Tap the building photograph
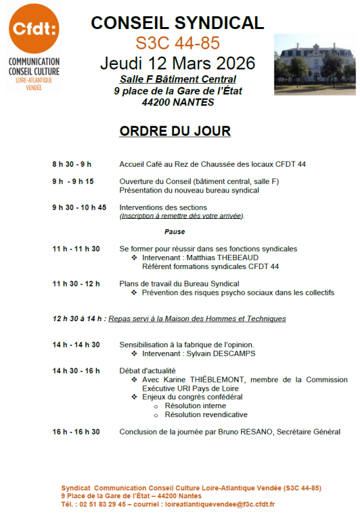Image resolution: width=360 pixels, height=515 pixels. (x=314, y=64)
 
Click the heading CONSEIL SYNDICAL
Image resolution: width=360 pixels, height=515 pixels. (x=177, y=23)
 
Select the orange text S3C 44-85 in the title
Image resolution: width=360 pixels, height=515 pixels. (x=178, y=43)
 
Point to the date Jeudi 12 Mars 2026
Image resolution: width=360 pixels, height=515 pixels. (x=178, y=63)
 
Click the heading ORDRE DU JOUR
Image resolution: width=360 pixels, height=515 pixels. (x=175, y=131)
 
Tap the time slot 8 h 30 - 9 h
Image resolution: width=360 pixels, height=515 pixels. (x=72, y=164)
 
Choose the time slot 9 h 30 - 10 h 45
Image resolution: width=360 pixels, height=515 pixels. (x=79, y=207)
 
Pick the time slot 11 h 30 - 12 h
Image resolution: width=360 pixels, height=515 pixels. (x=76, y=284)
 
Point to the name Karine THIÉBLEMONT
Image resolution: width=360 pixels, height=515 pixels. (x=200, y=380)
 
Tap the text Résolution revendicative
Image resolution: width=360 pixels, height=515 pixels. (x=206, y=415)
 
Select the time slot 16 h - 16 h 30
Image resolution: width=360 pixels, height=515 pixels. (x=76, y=432)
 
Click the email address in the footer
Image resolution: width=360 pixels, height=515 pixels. (x=220, y=505)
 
